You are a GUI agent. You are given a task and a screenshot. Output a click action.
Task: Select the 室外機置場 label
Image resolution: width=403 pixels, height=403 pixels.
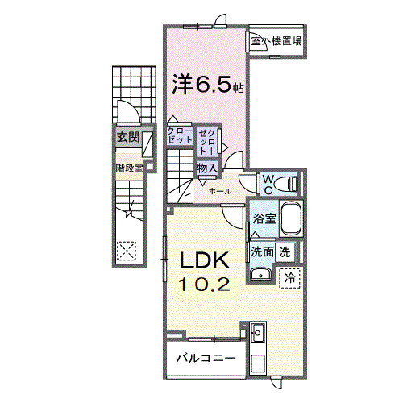[x=276, y=41]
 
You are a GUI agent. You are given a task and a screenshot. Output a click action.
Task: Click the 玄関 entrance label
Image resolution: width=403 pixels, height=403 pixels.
[x=127, y=137]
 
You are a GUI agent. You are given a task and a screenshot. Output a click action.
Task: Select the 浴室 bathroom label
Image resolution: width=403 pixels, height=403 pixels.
[x=264, y=218]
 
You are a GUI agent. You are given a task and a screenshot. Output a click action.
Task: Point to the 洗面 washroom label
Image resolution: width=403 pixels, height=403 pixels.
[x=262, y=251]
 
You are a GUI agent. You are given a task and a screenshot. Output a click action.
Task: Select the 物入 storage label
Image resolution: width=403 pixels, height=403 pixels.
[x=206, y=168]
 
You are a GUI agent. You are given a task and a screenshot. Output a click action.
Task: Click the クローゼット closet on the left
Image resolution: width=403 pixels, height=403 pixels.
[x=180, y=135]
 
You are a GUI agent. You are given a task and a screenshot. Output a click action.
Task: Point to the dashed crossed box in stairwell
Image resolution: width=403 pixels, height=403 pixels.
[x=127, y=251]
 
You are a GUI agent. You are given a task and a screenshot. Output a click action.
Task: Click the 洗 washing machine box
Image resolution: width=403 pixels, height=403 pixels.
[x=285, y=251]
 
